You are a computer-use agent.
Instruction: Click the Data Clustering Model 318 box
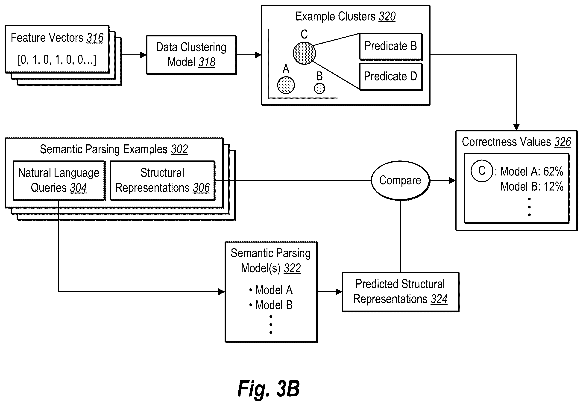point(191,55)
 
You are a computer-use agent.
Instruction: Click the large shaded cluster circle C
point(304,53)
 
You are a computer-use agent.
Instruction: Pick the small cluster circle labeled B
point(319,89)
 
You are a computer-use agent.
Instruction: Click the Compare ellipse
point(400,181)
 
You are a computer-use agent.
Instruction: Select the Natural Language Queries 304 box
point(59,181)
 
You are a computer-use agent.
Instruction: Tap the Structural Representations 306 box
point(163,181)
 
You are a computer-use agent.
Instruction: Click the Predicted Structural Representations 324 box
point(400,292)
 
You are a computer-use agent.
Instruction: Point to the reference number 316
point(95,38)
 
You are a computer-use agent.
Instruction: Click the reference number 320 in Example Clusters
point(387,17)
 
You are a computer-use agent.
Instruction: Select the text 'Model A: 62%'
point(532,172)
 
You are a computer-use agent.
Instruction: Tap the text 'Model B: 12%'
point(532,187)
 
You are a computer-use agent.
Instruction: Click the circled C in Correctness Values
point(482,171)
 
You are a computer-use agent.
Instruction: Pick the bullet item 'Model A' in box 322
point(271,290)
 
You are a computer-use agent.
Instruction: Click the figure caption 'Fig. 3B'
point(269,388)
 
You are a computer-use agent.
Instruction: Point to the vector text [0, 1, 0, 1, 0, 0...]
point(57,60)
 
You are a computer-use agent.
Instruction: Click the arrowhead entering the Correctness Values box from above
point(516,127)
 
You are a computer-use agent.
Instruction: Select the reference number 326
point(562,142)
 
